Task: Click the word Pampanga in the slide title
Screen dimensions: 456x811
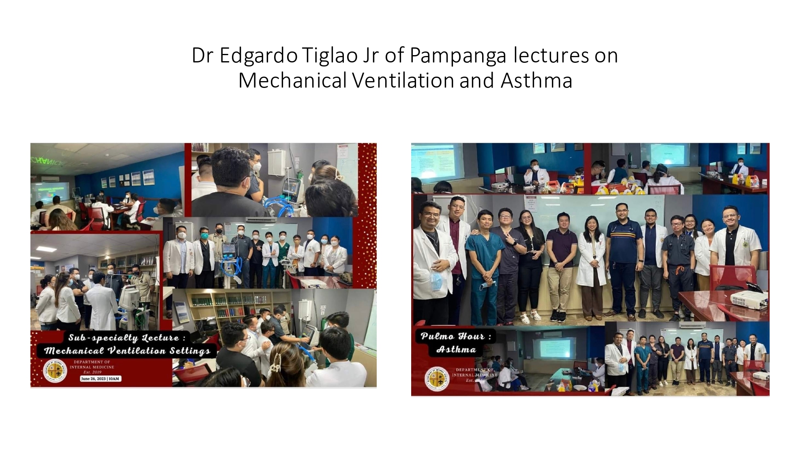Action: (458, 56)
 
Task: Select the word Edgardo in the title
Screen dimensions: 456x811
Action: (259, 56)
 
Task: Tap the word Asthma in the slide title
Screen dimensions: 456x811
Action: (536, 80)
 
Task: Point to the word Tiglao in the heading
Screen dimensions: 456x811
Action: (329, 56)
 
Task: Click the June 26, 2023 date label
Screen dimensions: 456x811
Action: (100, 379)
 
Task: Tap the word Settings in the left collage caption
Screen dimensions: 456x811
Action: (190, 351)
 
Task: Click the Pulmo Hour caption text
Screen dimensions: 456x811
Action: (456, 336)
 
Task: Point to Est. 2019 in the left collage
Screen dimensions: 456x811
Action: (92, 372)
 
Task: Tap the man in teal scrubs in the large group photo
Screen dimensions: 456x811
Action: (484, 259)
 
